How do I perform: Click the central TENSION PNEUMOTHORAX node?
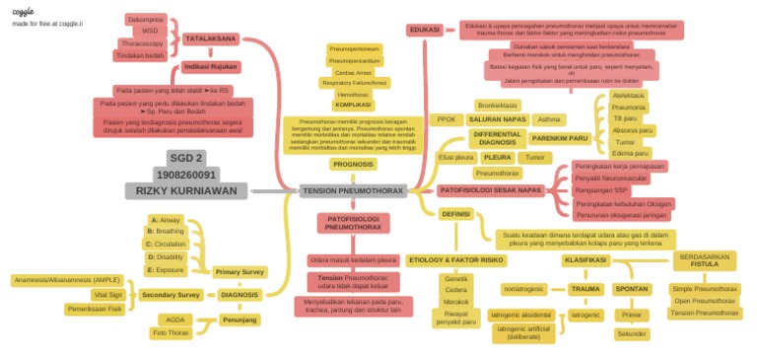point(352,189)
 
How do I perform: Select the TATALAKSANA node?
point(210,38)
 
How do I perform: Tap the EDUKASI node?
point(424,30)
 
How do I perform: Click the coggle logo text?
point(23,11)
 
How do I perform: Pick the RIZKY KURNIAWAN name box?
point(186,190)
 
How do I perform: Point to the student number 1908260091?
point(186,174)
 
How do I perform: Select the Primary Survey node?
point(240,271)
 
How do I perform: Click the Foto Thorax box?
point(172,332)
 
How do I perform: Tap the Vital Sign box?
point(107,294)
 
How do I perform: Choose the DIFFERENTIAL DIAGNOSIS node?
point(498,138)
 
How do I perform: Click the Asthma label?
point(549,118)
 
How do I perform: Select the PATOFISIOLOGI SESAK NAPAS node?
point(490,188)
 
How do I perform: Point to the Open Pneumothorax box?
point(704,301)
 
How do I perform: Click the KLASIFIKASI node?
point(584,260)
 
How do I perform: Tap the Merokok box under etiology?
point(456,302)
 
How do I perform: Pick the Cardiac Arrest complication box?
point(352,72)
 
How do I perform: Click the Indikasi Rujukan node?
point(210,67)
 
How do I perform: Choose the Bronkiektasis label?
point(497,105)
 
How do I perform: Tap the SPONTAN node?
point(631,289)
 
